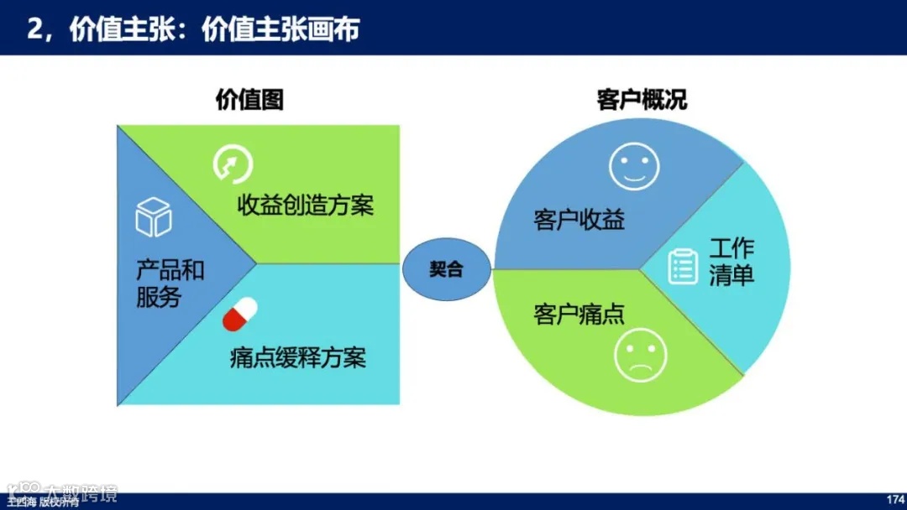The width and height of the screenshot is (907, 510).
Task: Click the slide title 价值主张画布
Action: [280, 30]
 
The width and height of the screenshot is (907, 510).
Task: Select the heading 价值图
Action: [249, 100]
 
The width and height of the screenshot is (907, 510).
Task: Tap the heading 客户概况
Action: [642, 100]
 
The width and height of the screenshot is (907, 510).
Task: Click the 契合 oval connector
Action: [446, 269]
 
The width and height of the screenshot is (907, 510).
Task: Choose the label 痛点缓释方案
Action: [297, 358]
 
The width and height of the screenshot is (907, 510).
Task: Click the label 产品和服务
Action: [170, 284]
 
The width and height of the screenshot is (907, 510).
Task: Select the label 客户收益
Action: [579, 221]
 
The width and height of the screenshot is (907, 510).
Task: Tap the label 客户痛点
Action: [579, 315]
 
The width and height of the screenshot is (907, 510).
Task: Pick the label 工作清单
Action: [731, 263]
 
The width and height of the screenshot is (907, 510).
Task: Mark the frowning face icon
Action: [640, 356]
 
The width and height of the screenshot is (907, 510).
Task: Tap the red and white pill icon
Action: [240, 315]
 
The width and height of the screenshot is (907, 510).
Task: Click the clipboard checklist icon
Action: [683, 266]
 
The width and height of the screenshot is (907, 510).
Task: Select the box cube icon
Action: [154, 217]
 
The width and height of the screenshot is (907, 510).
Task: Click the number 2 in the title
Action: [34, 30]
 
